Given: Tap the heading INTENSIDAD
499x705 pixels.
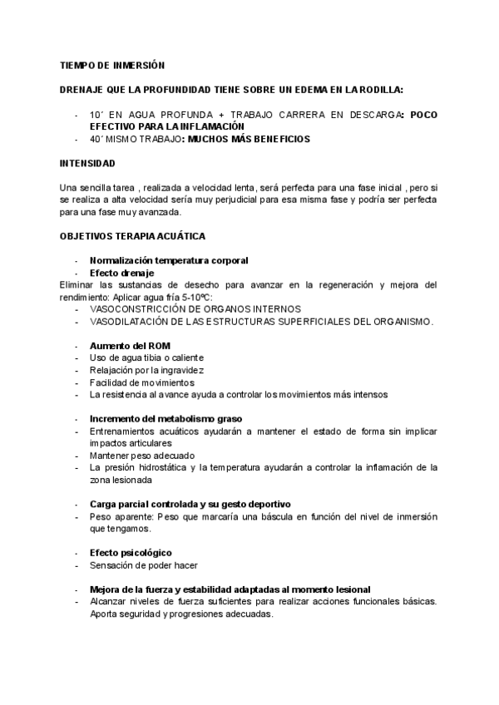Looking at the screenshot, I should [x=87, y=163].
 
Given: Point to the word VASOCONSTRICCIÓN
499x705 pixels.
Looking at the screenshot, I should [x=141, y=308].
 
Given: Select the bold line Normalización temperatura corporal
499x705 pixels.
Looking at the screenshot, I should [x=168, y=260].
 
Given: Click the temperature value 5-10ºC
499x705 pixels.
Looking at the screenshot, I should [x=196, y=297].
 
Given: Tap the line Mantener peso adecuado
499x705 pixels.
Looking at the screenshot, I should [x=141, y=456].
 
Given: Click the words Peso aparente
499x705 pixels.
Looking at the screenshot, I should [x=116, y=516].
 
